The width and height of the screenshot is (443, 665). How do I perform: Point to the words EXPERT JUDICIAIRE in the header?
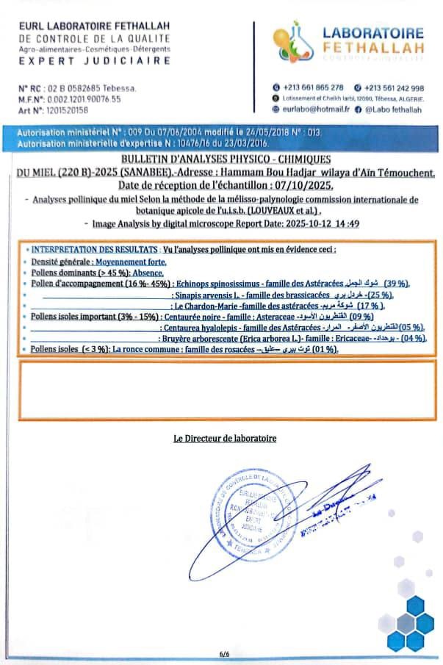coord(96,60)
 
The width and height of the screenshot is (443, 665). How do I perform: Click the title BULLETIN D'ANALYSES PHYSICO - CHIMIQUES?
coord(222,159)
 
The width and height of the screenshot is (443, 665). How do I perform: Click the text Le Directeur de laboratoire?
coord(225,438)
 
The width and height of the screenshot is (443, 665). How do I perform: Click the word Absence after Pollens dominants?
coord(148,272)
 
